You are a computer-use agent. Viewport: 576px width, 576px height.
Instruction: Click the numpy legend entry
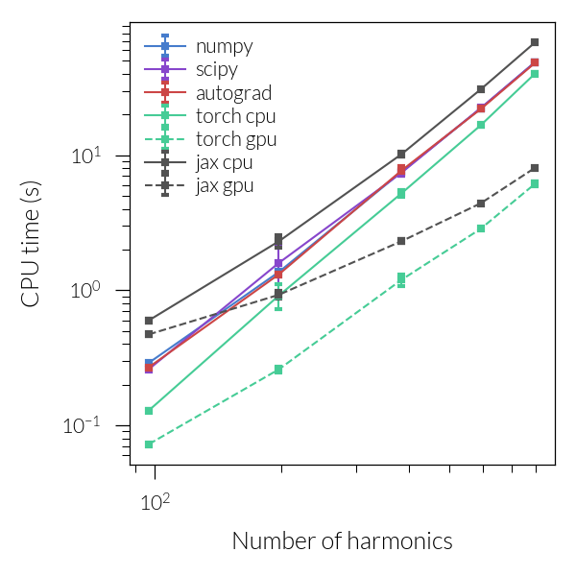point(224,46)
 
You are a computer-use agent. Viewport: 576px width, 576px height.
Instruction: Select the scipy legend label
point(216,69)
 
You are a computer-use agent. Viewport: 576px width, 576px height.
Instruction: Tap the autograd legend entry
point(232,93)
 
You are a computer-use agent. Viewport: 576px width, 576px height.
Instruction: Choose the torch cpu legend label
point(235,116)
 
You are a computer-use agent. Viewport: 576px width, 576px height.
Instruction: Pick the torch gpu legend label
point(236,139)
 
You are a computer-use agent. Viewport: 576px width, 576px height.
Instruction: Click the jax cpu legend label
point(224,162)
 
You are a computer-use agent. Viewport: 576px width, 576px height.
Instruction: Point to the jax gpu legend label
point(225,185)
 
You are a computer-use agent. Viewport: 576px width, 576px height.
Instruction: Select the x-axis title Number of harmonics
point(342,541)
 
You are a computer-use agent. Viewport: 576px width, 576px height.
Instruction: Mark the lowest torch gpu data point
point(150,444)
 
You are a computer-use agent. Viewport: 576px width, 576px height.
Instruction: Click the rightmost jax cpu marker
point(535,42)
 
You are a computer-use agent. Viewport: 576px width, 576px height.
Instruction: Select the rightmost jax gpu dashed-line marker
point(535,168)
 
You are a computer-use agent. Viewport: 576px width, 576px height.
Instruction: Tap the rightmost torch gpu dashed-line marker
point(535,184)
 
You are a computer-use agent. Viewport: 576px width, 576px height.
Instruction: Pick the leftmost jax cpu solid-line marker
point(150,321)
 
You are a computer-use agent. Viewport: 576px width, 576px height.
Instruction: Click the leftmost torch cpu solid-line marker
point(150,411)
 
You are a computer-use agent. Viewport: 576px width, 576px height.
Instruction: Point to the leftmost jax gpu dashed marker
point(150,334)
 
